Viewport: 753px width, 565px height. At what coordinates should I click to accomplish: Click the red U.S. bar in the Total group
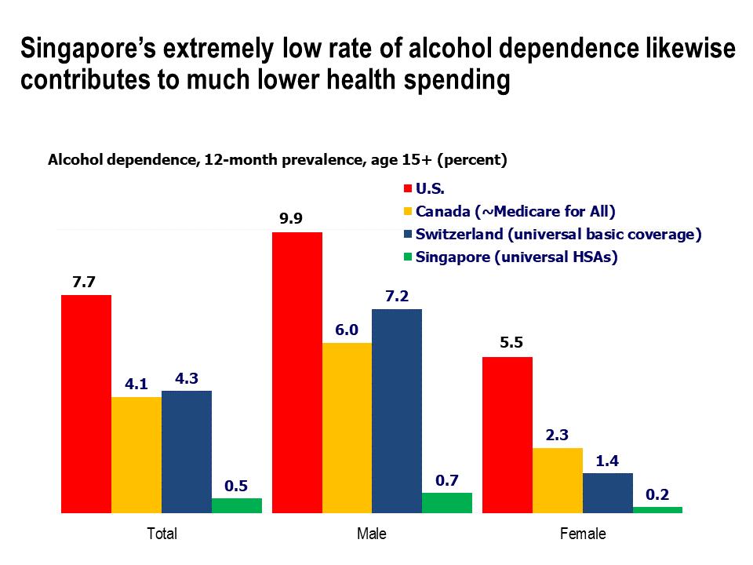[86, 404]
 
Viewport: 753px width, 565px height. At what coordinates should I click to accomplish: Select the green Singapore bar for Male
[447, 502]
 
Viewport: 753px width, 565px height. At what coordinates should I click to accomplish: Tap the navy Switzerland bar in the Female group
[607, 492]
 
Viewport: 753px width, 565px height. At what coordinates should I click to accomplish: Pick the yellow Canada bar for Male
[347, 428]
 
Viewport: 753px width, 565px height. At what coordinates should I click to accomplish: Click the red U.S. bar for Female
[507, 435]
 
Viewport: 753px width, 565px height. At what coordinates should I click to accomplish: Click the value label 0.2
[657, 494]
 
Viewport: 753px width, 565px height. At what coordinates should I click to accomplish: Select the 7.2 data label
[397, 296]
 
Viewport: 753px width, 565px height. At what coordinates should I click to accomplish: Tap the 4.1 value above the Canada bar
[136, 385]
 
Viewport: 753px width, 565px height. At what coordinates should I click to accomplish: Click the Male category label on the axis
[372, 534]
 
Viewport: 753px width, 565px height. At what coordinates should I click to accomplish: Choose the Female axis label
[582, 534]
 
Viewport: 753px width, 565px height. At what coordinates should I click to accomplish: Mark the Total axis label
[162, 534]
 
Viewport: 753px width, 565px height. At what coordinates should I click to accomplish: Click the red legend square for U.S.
[407, 189]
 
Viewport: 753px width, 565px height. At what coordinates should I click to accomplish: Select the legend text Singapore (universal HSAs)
[517, 257]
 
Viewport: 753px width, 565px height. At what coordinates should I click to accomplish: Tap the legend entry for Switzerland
[558, 234]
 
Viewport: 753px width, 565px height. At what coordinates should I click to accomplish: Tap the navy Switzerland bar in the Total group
[187, 451]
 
